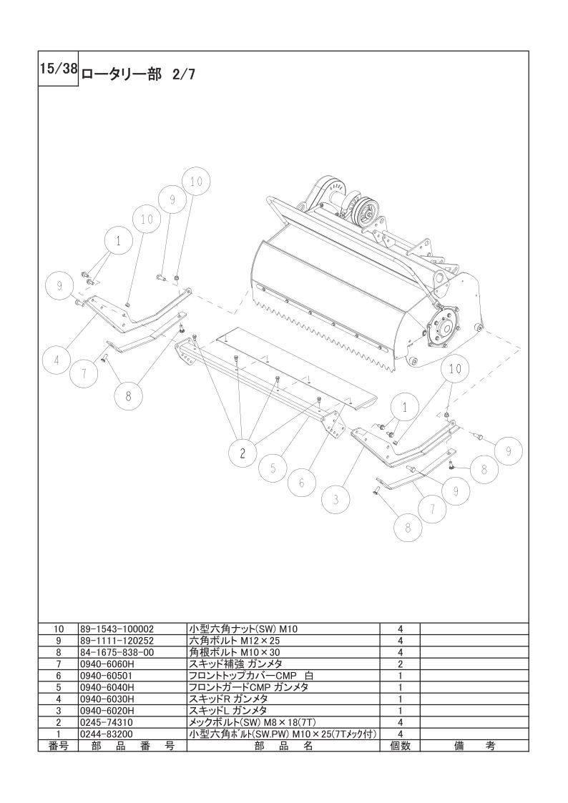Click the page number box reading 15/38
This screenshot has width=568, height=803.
(x=59, y=69)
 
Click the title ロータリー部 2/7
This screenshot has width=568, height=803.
(x=137, y=75)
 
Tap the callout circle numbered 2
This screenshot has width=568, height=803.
(x=243, y=453)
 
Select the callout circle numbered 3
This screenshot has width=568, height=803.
(x=336, y=499)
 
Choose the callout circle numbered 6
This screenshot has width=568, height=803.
(x=302, y=483)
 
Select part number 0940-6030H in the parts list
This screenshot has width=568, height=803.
(x=107, y=699)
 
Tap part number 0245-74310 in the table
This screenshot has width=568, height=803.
(x=107, y=723)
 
